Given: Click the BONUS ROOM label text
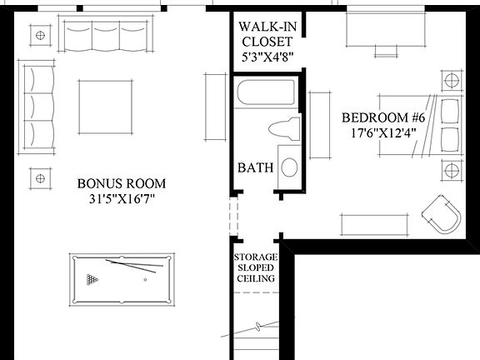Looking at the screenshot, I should [122, 183].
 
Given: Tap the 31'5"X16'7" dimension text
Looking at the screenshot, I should [122, 200].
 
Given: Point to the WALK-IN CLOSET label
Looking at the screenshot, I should [266, 32].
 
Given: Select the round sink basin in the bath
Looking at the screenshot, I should [289, 166].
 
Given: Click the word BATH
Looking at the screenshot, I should [256, 167].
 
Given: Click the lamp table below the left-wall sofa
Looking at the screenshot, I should [38, 177].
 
